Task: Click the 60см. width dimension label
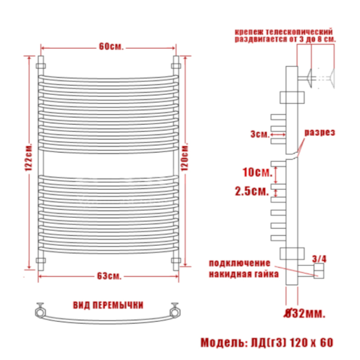click(x=111, y=47)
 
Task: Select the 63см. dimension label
click(x=109, y=276)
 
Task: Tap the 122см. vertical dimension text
click(x=29, y=157)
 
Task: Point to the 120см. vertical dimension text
click(x=185, y=157)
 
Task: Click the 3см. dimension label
click(x=260, y=134)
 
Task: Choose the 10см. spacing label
click(x=257, y=172)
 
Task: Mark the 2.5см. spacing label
click(x=252, y=191)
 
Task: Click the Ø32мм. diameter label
click(x=305, y=313)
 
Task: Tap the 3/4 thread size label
click(x=319, y=259)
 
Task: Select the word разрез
click(x=319, y=132)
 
